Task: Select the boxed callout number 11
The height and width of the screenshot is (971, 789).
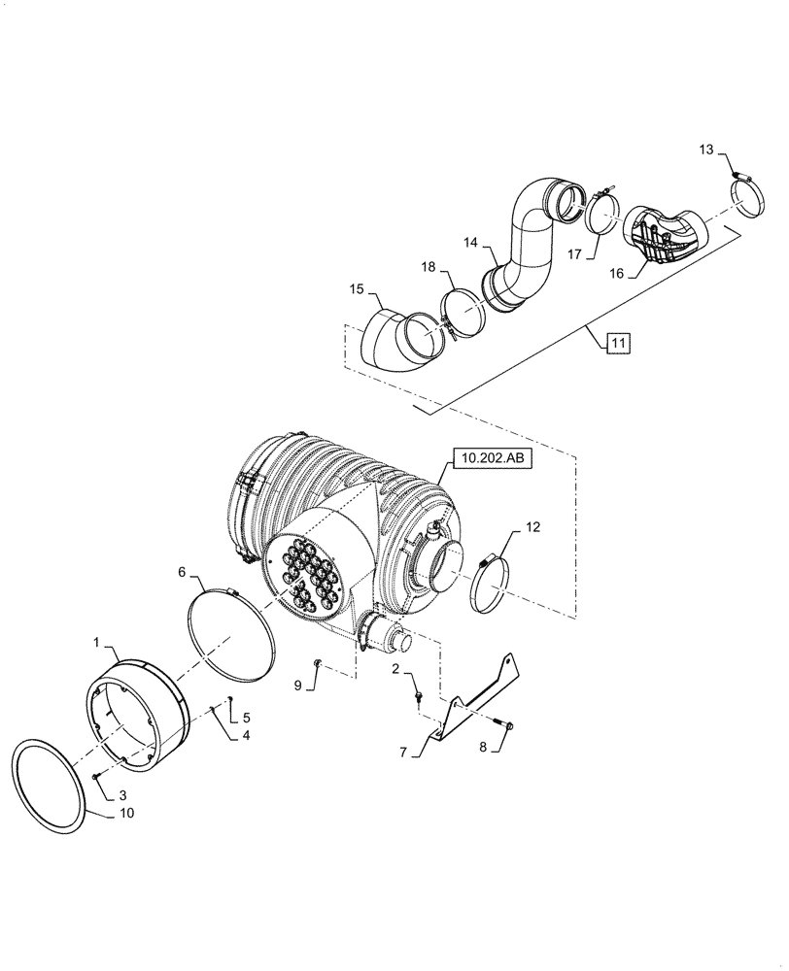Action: [x=619, y=342]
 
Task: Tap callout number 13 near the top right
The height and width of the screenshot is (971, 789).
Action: [x=706, y=149]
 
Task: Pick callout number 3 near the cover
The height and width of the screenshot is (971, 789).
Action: [x=123, y=795]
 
